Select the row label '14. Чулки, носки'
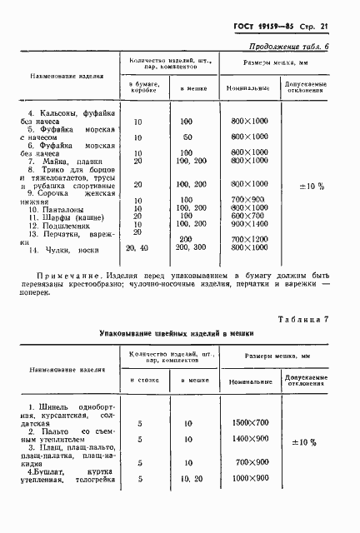coord(60,249)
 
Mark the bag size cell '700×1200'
coord(248,240)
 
